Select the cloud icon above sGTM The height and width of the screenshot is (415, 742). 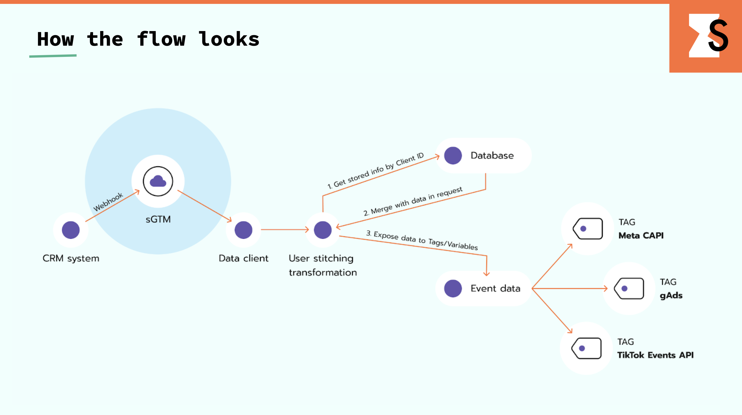[x=158, y=181]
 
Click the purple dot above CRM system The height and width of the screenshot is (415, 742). [x=71, y=230]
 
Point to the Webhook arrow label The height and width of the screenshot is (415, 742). [x=108, y=202]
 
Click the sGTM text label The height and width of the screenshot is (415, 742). [x=158, y=220]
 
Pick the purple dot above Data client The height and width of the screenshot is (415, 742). [x=243, y=230]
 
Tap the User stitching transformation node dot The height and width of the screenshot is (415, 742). [x=323, y=230]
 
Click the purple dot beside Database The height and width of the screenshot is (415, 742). [x=453, y=156]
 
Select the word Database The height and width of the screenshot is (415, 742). [x=492, y=156]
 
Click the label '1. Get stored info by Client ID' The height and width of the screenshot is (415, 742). [x=375, y=171]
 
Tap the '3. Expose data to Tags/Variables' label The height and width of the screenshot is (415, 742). [x=422, y=240]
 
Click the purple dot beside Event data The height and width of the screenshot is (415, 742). [x=453, y=288]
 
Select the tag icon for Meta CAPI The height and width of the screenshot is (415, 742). [x=588, y=229]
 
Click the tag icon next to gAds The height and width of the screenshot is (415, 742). [x=629, y=288]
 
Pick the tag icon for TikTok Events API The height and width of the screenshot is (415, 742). [x=586, y=348]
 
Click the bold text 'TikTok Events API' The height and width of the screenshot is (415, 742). [x=655, y=355]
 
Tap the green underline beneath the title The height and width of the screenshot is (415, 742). [x=53, y=56]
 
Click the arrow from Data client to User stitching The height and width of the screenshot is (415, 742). [x=285, y=230]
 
